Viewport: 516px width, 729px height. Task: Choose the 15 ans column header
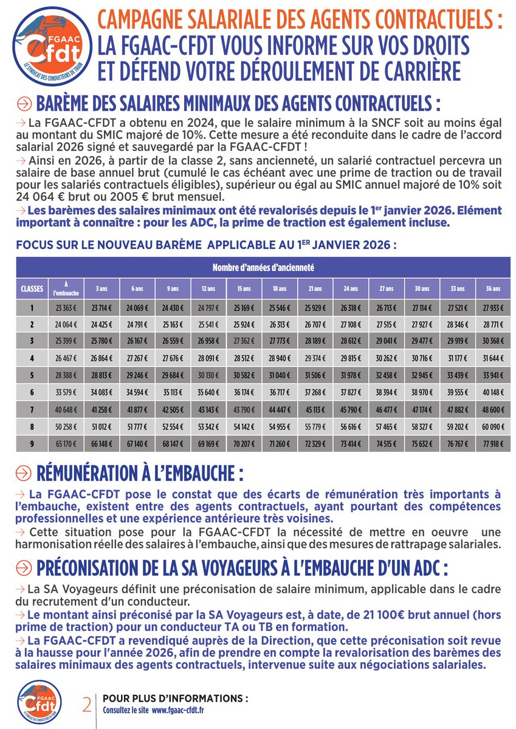(x=244, y=288)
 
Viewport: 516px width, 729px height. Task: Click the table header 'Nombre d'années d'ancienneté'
(x=263, y=267)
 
